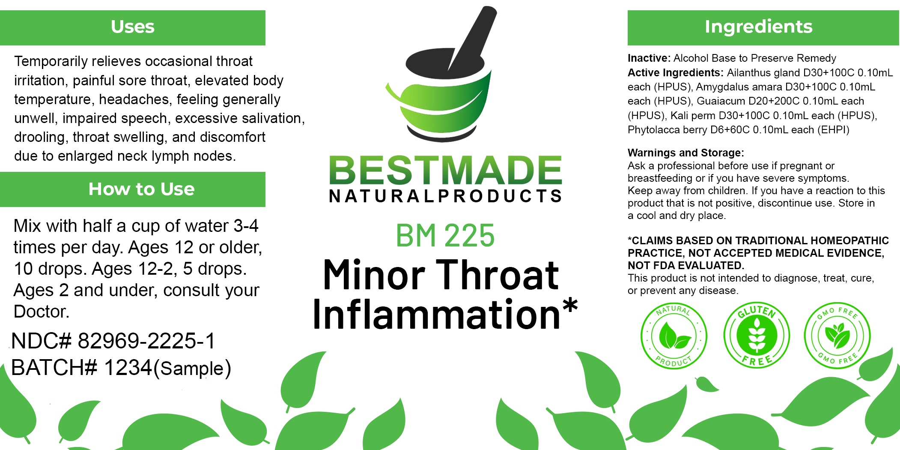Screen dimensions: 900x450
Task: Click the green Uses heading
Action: coord(133,27)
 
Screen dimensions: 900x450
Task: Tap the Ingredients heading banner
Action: coord(763,27)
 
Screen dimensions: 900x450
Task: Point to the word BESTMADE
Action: coord(445,170)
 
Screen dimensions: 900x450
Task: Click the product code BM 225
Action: coord(445,236)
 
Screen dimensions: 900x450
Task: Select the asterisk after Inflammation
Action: coord(570,306)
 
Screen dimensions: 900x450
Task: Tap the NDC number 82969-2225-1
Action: coord(146,341)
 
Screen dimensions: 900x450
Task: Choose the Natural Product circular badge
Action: coord(674,335)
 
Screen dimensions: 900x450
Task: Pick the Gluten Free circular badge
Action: coord(757,335)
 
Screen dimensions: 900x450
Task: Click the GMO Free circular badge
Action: coord(837,335)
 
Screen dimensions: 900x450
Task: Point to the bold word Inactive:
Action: coord(649,58)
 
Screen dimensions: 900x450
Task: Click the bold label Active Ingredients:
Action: coord(676,73)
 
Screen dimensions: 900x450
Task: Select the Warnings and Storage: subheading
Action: coord(686,153)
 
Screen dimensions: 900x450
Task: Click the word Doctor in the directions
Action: coord(42,312)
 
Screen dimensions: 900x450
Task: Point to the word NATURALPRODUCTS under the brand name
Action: coord(445,196)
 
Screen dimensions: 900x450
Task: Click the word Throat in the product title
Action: coord(498,276)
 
